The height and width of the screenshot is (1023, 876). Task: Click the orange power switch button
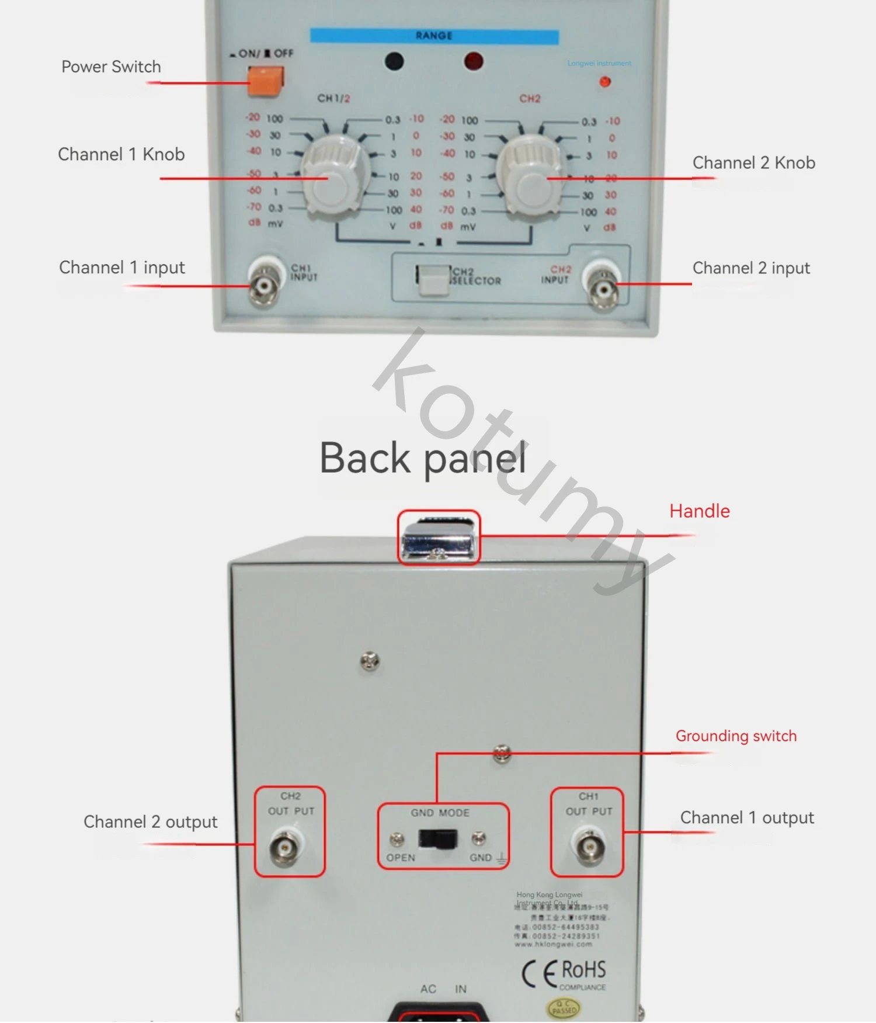[266, 81]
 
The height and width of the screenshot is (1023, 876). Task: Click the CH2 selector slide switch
[433, 280]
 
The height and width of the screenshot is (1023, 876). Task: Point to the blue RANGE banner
[434, 36]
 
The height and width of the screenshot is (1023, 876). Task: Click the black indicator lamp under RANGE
[394, 61]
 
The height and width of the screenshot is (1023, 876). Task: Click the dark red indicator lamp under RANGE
[473, 61]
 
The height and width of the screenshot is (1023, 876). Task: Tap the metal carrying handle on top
[439, 538]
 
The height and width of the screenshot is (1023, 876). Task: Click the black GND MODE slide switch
[437, 839]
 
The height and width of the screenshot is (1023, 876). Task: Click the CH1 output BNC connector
[589, 845]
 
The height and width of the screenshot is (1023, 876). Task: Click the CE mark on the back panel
[539, 973]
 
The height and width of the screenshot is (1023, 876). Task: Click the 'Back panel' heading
[423, 458]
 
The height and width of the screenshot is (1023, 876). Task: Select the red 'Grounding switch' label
[736, 736]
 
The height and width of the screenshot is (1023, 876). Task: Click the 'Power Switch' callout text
[111, 67]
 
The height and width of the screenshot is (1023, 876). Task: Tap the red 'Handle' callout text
[699, 511]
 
